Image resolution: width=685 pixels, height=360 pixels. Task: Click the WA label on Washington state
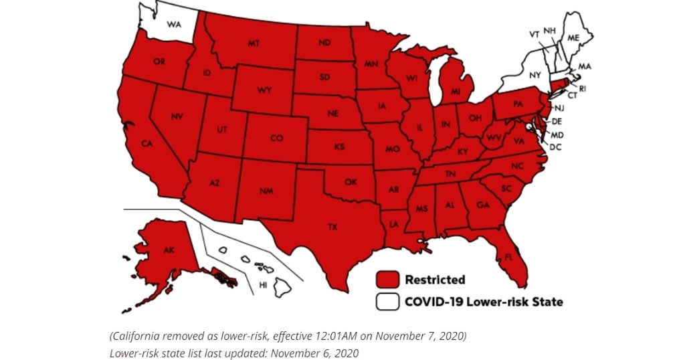click(174, 25)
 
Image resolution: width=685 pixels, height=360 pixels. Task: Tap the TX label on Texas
click(332, 228)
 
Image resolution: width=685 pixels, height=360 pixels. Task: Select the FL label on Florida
click(509, 256)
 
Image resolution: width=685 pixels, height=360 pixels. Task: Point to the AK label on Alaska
click(169, 250)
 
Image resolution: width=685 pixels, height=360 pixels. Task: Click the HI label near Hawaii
click(264, 284)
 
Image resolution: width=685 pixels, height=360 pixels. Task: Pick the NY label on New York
click(534, 76)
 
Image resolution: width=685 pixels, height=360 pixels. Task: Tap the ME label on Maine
click(573, 38)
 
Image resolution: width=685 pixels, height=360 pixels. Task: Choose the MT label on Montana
click(254, 43)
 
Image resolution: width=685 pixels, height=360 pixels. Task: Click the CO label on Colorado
click(277, 139)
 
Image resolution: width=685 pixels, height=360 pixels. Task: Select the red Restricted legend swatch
click(387, 279)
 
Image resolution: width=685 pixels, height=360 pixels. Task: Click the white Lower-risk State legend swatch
click(387, 302)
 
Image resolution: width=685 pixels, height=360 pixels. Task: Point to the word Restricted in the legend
click(435, 280)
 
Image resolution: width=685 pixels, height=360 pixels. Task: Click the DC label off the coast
click(555, 146)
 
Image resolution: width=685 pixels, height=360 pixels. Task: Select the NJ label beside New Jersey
click(559, 108)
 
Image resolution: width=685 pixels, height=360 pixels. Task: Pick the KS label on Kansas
click(339, 146)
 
